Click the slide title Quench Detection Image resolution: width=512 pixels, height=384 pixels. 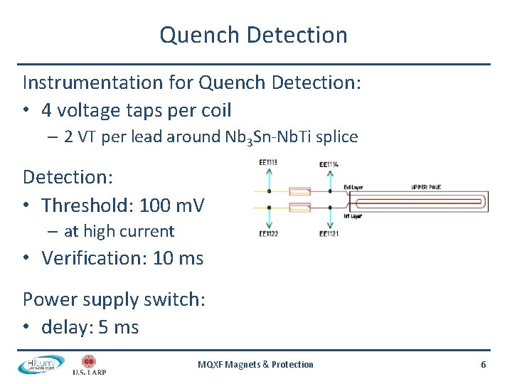click(x=253, y=35)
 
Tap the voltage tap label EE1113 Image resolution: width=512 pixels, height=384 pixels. click(x=268, y=163)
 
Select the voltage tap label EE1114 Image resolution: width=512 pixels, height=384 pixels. click(x=329, y=164)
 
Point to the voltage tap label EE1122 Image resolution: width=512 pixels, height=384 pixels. click(x=268, y=233)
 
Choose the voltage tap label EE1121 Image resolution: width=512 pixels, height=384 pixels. click(x=329, y=233)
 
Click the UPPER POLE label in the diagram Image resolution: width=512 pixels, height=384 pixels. click(x=427, y=187)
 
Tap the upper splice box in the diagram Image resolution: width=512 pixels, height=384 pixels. click(x=299, y=191)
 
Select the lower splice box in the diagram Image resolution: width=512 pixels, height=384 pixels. click(x=299, y=208)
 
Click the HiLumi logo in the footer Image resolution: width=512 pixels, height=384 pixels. click(x=40, y=364)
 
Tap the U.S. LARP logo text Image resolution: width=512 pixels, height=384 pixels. click(x=89, y=371)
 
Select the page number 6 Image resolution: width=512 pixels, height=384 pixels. click(x=484, y=364)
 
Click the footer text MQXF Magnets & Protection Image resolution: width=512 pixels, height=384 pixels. click(x=255, y=364)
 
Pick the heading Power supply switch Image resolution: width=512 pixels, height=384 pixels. click(x=114, y=299)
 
